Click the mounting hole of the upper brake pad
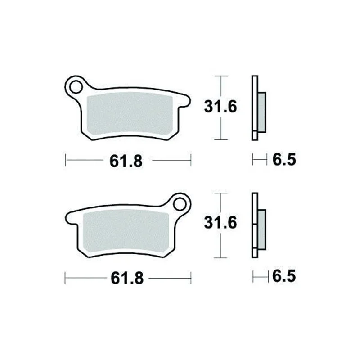(76, 87)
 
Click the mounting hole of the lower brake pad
(180, 204)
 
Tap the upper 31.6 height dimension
(220, 107)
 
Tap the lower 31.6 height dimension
(220, 222)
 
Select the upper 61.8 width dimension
(126, 161)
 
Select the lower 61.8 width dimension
(127, 278)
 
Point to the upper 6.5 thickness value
(284, 159)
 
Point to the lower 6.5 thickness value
(284, 276)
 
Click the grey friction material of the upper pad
(130, 114)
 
